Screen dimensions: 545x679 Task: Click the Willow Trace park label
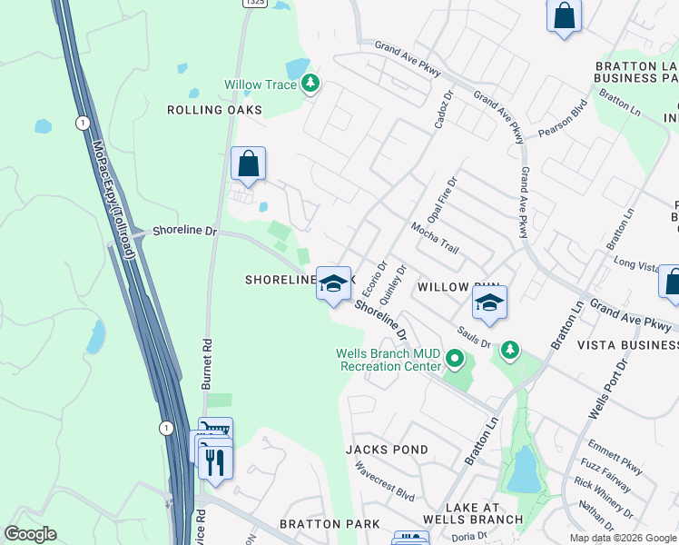point(261,85)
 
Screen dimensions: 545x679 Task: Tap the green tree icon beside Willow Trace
point(311,84)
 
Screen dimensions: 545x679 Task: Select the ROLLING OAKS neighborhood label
point(214,110)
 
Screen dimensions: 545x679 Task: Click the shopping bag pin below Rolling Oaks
point(248,165)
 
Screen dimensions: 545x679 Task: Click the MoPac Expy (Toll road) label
point(113,200)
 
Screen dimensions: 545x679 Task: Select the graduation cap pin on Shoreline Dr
point(333,284)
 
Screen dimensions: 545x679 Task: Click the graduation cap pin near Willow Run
point(489,304)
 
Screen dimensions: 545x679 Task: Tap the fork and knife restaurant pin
point(215,461)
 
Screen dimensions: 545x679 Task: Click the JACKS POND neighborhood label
point(387,450)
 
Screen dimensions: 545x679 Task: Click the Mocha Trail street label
point(435,239)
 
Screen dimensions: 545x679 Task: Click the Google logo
point(30,534)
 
